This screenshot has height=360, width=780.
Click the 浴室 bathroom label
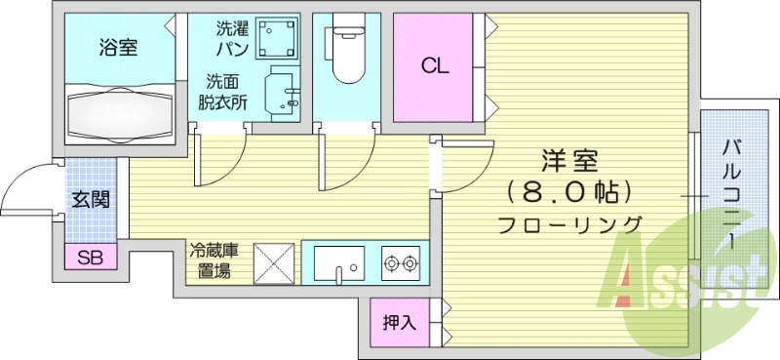click(x=118, y=46)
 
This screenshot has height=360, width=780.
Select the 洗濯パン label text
click(x=232, y=37)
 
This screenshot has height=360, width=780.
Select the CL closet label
click(x=434, y=66)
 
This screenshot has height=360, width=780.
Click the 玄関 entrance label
click(x=90, y=200)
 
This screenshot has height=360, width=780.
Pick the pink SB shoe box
click(x=90, y=258)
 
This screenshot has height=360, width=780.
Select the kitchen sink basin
click(x=338, y=263)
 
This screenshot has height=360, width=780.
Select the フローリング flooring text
click(x=569, y=224)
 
